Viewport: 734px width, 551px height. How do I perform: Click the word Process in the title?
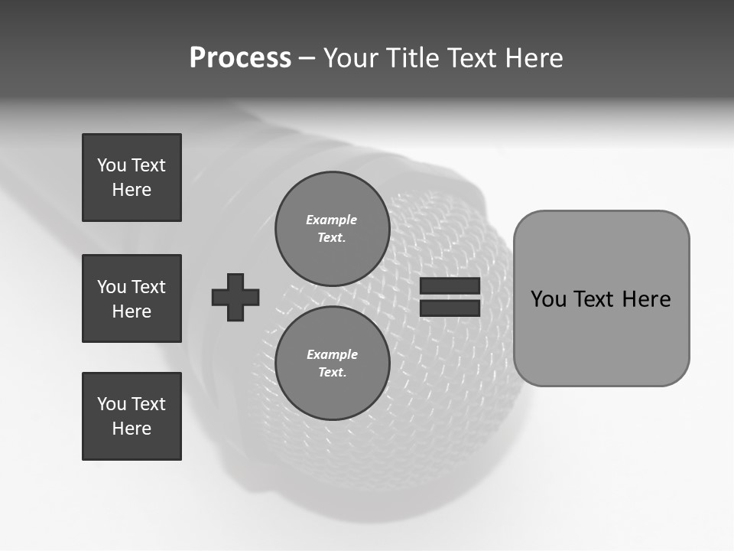[x=240, y=58]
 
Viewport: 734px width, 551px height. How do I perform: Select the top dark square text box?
[x=132, y=178]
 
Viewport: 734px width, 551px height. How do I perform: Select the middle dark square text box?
[x=132, y=298]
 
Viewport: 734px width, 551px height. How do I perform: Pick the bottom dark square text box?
[x=132, y=416]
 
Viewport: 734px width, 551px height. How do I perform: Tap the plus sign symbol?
[x=235, y=297]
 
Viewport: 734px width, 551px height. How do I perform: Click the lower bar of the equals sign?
[x=450, y=308]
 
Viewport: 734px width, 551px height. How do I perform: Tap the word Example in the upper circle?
[x=332, y=220]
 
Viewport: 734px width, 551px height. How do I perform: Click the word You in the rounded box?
[x=548, y=299]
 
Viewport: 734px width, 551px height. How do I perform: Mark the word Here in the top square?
[x=132, y=190]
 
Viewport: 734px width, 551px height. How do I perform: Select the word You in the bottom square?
[x=112, y=404]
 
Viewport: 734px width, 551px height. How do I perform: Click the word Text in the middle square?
[x=148, y=287]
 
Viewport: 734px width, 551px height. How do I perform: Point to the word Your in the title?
[x=352, y=58]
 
